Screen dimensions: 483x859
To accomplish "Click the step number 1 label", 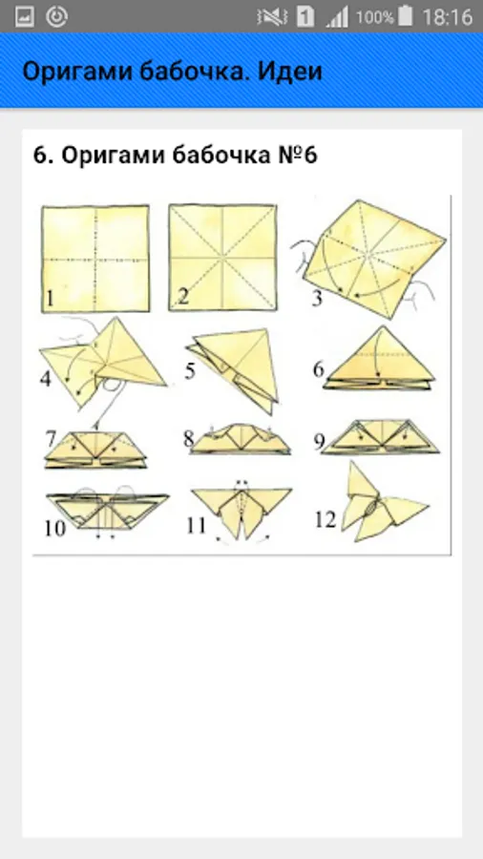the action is (x=51, y=299).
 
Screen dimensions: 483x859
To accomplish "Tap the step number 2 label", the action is (x=183, y=297).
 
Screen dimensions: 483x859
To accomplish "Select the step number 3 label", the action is (x=316, y=299).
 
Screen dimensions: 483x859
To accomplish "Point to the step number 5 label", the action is (x=189, y=371).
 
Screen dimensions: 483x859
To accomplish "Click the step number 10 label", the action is (x=54, y=528).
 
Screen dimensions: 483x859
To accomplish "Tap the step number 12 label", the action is (x=325, y=519).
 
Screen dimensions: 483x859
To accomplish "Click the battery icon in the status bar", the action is (x=406, y=16).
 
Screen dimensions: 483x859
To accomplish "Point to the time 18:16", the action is (x=448, y=16).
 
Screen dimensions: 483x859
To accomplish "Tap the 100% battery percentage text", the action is (x=374, y=17).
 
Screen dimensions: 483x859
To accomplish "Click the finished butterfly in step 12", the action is (x=384, y=504).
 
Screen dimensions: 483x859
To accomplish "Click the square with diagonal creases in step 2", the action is (x=222, y=258).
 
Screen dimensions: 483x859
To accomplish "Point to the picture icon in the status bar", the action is (x=25, y=16).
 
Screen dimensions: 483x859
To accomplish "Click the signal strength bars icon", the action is (x=337, y=17).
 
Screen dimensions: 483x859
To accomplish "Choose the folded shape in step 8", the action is (x=240, y=439).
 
